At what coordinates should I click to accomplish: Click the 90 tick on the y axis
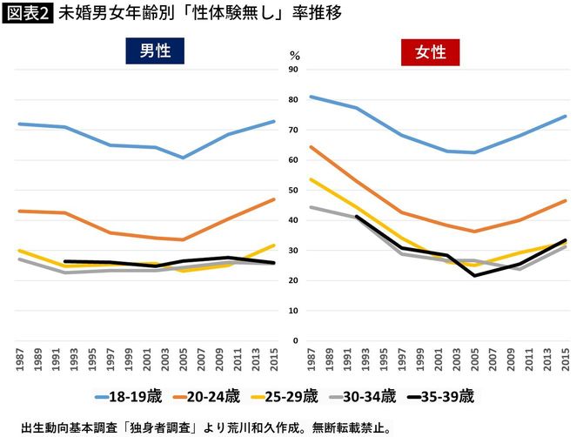293,70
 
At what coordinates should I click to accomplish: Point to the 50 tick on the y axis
293,190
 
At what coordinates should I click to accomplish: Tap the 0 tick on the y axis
296,340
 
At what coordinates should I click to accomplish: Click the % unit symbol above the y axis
293,54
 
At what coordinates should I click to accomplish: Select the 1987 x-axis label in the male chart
19,359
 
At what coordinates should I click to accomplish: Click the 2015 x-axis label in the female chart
566,359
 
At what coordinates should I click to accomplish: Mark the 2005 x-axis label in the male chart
183,359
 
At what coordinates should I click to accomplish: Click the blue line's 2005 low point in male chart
183,158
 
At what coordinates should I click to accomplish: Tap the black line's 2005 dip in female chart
473,276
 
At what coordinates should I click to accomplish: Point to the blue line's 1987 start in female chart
311,97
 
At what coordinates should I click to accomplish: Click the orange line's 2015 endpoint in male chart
274,199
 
